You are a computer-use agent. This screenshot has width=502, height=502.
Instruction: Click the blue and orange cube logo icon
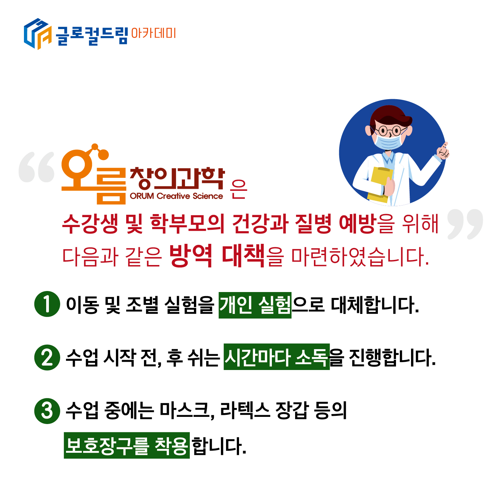click(38, 34)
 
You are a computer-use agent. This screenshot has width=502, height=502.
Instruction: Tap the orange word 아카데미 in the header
click(154, 34)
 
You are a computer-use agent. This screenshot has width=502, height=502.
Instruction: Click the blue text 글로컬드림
click(92, 36)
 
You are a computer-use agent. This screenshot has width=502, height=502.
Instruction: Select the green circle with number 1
click(47, 304)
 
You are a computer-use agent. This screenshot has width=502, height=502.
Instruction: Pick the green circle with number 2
click(47, 357)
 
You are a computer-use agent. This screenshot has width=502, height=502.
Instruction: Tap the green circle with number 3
click(47, 411)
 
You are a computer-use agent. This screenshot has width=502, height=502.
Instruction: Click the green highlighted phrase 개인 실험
click(255, 305)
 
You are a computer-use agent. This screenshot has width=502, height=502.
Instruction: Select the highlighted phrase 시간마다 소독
click(277, 357)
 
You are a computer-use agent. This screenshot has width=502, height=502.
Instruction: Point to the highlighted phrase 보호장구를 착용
click(127, 445)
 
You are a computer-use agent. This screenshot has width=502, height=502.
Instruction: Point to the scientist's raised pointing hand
click(443, 151)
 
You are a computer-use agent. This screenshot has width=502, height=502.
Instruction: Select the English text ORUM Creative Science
click(176, 196)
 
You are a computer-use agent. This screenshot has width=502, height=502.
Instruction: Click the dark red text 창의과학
click(177, 179)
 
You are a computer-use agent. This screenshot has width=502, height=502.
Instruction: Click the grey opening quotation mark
click(37, 167)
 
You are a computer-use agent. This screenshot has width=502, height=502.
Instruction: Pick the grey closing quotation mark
click(465, 224)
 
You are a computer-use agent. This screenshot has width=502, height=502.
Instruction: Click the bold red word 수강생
click(90, 224)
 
